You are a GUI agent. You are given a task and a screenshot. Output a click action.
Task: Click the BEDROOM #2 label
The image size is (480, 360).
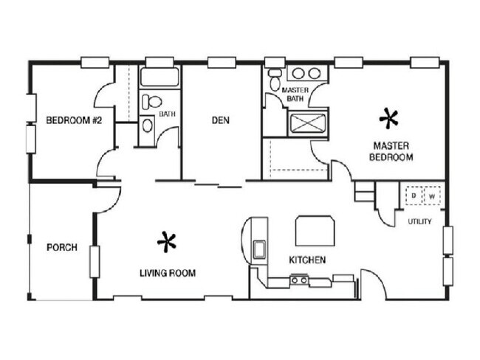pyautogui.click(x=74, y=120)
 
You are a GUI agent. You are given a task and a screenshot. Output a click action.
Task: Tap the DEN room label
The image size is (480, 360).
pyautogui.click(x=220, y=120)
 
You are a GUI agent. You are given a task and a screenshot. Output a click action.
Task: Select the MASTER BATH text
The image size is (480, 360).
pyautogui.click(x=295, y=94)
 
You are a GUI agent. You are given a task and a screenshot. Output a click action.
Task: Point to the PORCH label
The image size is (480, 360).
pyautogui.click(x=62, y=247)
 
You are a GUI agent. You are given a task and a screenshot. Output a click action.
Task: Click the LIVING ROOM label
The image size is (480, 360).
pyautogui.click(x=168, y=273)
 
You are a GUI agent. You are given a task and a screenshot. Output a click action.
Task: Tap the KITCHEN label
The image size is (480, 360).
pyautogui.click(x=307, y=260)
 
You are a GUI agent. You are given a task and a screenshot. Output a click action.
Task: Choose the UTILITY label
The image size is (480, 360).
pyautogui.click(x=419, y=221)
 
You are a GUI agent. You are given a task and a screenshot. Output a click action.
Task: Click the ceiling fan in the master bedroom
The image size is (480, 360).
pyautogui.click(x=388, y=119)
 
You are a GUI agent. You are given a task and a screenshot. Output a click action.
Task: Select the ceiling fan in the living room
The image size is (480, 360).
pyautogui.click(x=167, y=242)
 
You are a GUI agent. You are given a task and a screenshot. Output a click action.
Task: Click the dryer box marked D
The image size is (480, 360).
pyautogui.click(x=414, y=195)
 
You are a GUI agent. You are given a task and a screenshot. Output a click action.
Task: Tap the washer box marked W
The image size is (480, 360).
pyautogui.click(x=432, y=195)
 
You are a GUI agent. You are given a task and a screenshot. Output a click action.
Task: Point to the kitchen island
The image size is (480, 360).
pyautogui.click(x=315, y=231)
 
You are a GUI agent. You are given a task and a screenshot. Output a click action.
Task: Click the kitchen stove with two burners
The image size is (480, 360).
pyautogui.click(x=299, y=280)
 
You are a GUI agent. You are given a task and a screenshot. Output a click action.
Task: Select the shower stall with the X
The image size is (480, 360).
pyautogui.click(x=308, y=123)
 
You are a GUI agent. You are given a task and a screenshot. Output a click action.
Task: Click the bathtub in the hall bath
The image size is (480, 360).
pyautogui.click(x=160, y=77)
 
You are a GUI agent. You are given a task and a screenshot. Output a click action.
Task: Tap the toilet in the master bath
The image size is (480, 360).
pyautogui.click(x=274, y=79)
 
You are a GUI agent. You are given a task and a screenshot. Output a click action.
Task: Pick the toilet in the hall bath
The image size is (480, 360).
pyautogui.click(x=151, y=102)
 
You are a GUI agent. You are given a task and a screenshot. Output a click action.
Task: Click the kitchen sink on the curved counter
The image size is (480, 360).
pyautogui.click(x=259, y=250)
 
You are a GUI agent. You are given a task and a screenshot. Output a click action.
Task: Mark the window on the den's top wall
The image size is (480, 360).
pyautogui.click(x=222, y=63)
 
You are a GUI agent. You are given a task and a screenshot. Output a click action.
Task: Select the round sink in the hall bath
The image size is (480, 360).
pyautogui.click(x=148, y=125)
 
